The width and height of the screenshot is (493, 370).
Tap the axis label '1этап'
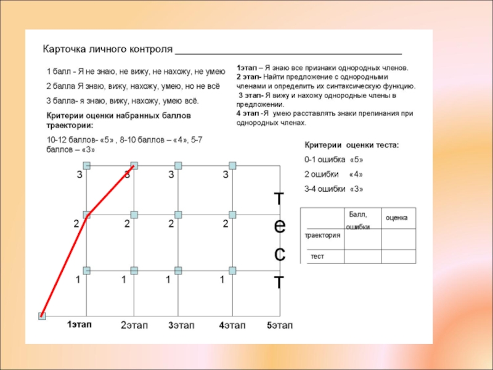79,324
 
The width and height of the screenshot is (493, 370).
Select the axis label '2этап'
134,325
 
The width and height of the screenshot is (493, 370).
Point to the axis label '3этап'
182,325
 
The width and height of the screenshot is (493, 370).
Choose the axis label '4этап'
232,325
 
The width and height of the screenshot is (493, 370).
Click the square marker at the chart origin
42,316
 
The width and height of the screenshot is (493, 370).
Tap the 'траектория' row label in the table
322,236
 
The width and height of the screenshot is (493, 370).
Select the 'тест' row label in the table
317,256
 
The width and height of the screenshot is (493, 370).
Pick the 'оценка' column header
400,218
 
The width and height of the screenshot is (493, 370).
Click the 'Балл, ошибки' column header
358,220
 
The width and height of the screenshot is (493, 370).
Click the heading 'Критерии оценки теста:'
352,145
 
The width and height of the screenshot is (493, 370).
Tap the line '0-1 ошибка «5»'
334,160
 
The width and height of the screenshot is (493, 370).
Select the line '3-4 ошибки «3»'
334,189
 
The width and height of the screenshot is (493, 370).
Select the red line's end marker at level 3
134,165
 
